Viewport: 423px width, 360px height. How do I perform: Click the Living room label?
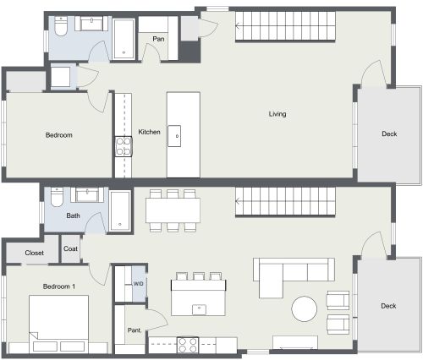pyautogui.click(x=277, y=114)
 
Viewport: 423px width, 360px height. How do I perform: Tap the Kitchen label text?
pyautogui.click(x=149, y=132)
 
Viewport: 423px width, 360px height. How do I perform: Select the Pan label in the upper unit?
pyautogui.click(x=158, y=39)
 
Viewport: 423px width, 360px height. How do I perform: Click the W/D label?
pyautogui.click(x=138, y=284)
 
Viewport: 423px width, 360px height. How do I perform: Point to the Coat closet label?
pyautogui.click(x=70, y=248)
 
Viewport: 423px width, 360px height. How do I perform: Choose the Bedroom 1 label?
pyautogui.click(x=59, y=286)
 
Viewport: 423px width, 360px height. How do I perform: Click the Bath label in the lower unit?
pyautogui.click(x=74, y=215)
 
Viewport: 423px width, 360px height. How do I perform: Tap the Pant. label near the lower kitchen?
pyautogui.click(x=134, y=330)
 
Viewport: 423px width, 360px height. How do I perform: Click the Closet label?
pyautogui.click(x=35, y=253)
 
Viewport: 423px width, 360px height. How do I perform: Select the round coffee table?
pyautogui.click(x=305, y=308)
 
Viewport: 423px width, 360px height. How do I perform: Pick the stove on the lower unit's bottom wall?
pyautogui.click(x=186, y=343)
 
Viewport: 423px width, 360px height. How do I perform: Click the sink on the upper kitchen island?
pyautogui.click(x=177, y=131)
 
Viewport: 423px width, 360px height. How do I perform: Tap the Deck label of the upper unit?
pyautogui.click(x=389, y=134)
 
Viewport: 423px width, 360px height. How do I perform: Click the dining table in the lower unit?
pyautogui.click(x=173, y=210)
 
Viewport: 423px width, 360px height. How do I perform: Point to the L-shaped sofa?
pyautogui.click(x=288, y=273)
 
